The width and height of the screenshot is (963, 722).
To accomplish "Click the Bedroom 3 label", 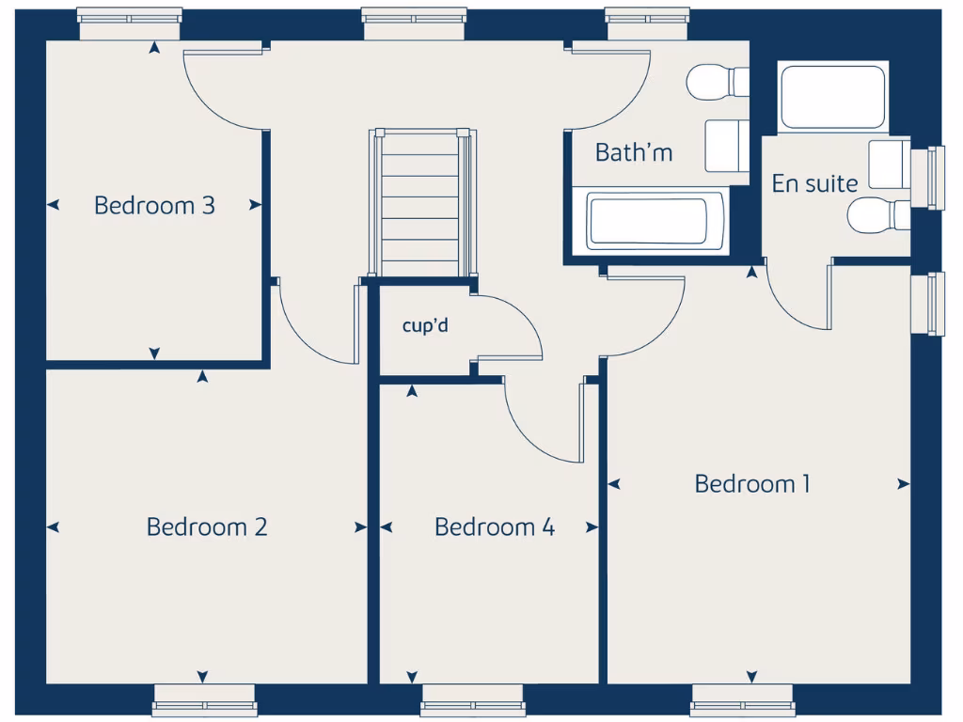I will point(154,205).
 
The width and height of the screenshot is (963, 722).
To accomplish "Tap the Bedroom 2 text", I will point(207,526).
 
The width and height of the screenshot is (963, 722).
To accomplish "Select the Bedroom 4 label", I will point(494,526).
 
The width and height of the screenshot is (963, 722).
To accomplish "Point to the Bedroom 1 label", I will point(751,484).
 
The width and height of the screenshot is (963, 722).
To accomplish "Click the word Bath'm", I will point(634,152).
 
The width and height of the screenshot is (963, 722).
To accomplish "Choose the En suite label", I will point(814,183).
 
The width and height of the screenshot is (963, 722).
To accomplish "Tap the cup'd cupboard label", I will point(425,326).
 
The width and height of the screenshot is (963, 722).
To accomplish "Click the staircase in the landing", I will point(419,202).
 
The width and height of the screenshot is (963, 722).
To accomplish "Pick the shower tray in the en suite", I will point(832,98).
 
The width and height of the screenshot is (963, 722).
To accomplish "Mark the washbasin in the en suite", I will point(889,165).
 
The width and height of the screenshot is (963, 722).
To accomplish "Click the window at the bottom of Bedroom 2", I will point(204,699).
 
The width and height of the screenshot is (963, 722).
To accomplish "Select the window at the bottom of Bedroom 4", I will point(473,699).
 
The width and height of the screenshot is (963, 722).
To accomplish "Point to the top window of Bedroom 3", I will point(129,24).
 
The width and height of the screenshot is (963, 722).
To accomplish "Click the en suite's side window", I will point(935,179).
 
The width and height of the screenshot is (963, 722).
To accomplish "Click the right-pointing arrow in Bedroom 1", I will point(903,484).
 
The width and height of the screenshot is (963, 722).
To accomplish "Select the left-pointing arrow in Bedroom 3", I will point(54,204).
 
